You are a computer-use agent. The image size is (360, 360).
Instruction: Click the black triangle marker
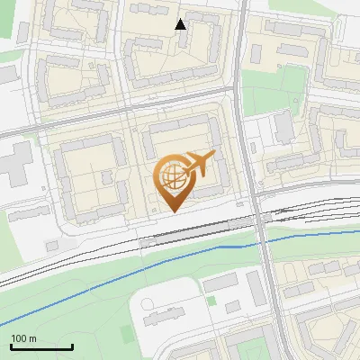[181, 24]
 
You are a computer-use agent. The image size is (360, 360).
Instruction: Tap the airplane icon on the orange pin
[197, 165]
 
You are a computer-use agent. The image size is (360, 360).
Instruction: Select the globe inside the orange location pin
[173, 177]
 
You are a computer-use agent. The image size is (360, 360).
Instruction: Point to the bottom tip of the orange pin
[174, 211]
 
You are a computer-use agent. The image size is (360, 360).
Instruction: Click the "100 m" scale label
[23, 338]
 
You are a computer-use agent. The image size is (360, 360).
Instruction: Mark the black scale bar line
[40, 346]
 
